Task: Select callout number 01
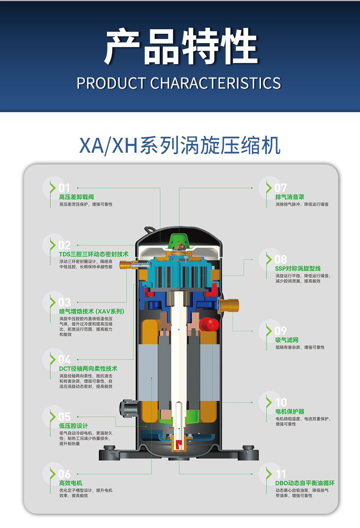[x=64, y=188]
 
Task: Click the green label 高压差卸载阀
[x=77, y=197]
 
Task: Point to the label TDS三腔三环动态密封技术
[x=94, y=254]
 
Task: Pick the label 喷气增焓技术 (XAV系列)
[x=92, y=312]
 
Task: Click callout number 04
[x=64, y=360]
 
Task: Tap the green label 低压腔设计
[x=73, y=426]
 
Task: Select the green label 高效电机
[x=71, y=483]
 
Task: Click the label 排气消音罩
[x=290, y=197]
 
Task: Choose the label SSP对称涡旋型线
[x=298, y=268]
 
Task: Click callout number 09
[x=280, y=331]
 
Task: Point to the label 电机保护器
[x=290, y=412]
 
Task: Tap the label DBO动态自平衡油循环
[x=305, y=483]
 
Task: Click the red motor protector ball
[x=210, y=325]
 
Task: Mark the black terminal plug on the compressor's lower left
[x=129, y=408]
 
